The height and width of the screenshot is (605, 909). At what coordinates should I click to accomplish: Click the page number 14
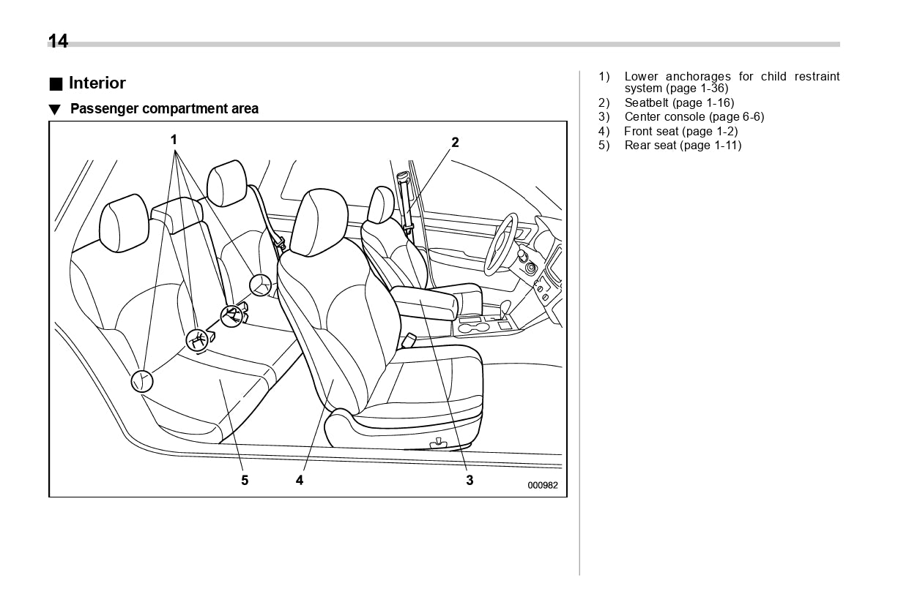click(x=58, y=41)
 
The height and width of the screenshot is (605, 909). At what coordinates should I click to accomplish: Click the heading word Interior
click(x=97, y=83)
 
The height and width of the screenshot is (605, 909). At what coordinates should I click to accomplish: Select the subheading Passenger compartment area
click(x=164, y=109)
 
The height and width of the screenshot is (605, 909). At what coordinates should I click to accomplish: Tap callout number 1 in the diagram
click(x=174, y=138)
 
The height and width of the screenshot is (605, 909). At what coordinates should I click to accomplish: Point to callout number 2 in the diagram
click(x=455, y=142)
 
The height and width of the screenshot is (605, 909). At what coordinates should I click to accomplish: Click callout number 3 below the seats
click(x=470, y=480)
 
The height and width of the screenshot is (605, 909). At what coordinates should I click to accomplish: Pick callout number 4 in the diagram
click(x=300, y=480)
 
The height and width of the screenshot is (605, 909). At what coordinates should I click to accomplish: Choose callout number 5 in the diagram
click(x=245, y=480)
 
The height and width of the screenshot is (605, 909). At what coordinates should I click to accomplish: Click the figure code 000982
click(x=542, y=484)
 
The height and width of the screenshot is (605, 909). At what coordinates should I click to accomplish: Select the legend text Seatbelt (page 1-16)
click(x=679, y=102)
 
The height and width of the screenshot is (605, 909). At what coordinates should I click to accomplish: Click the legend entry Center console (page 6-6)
click(x=694, y=116)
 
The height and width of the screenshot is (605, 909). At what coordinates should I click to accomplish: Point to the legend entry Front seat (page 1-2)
click(x=680, y=131)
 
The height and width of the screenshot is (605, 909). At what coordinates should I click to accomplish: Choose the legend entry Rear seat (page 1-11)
click(x=683, y=145)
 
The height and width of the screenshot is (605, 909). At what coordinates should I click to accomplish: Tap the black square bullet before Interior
click(x=56, y=83)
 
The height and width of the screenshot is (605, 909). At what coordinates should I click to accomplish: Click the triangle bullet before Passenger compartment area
click(x=54, y=110)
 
